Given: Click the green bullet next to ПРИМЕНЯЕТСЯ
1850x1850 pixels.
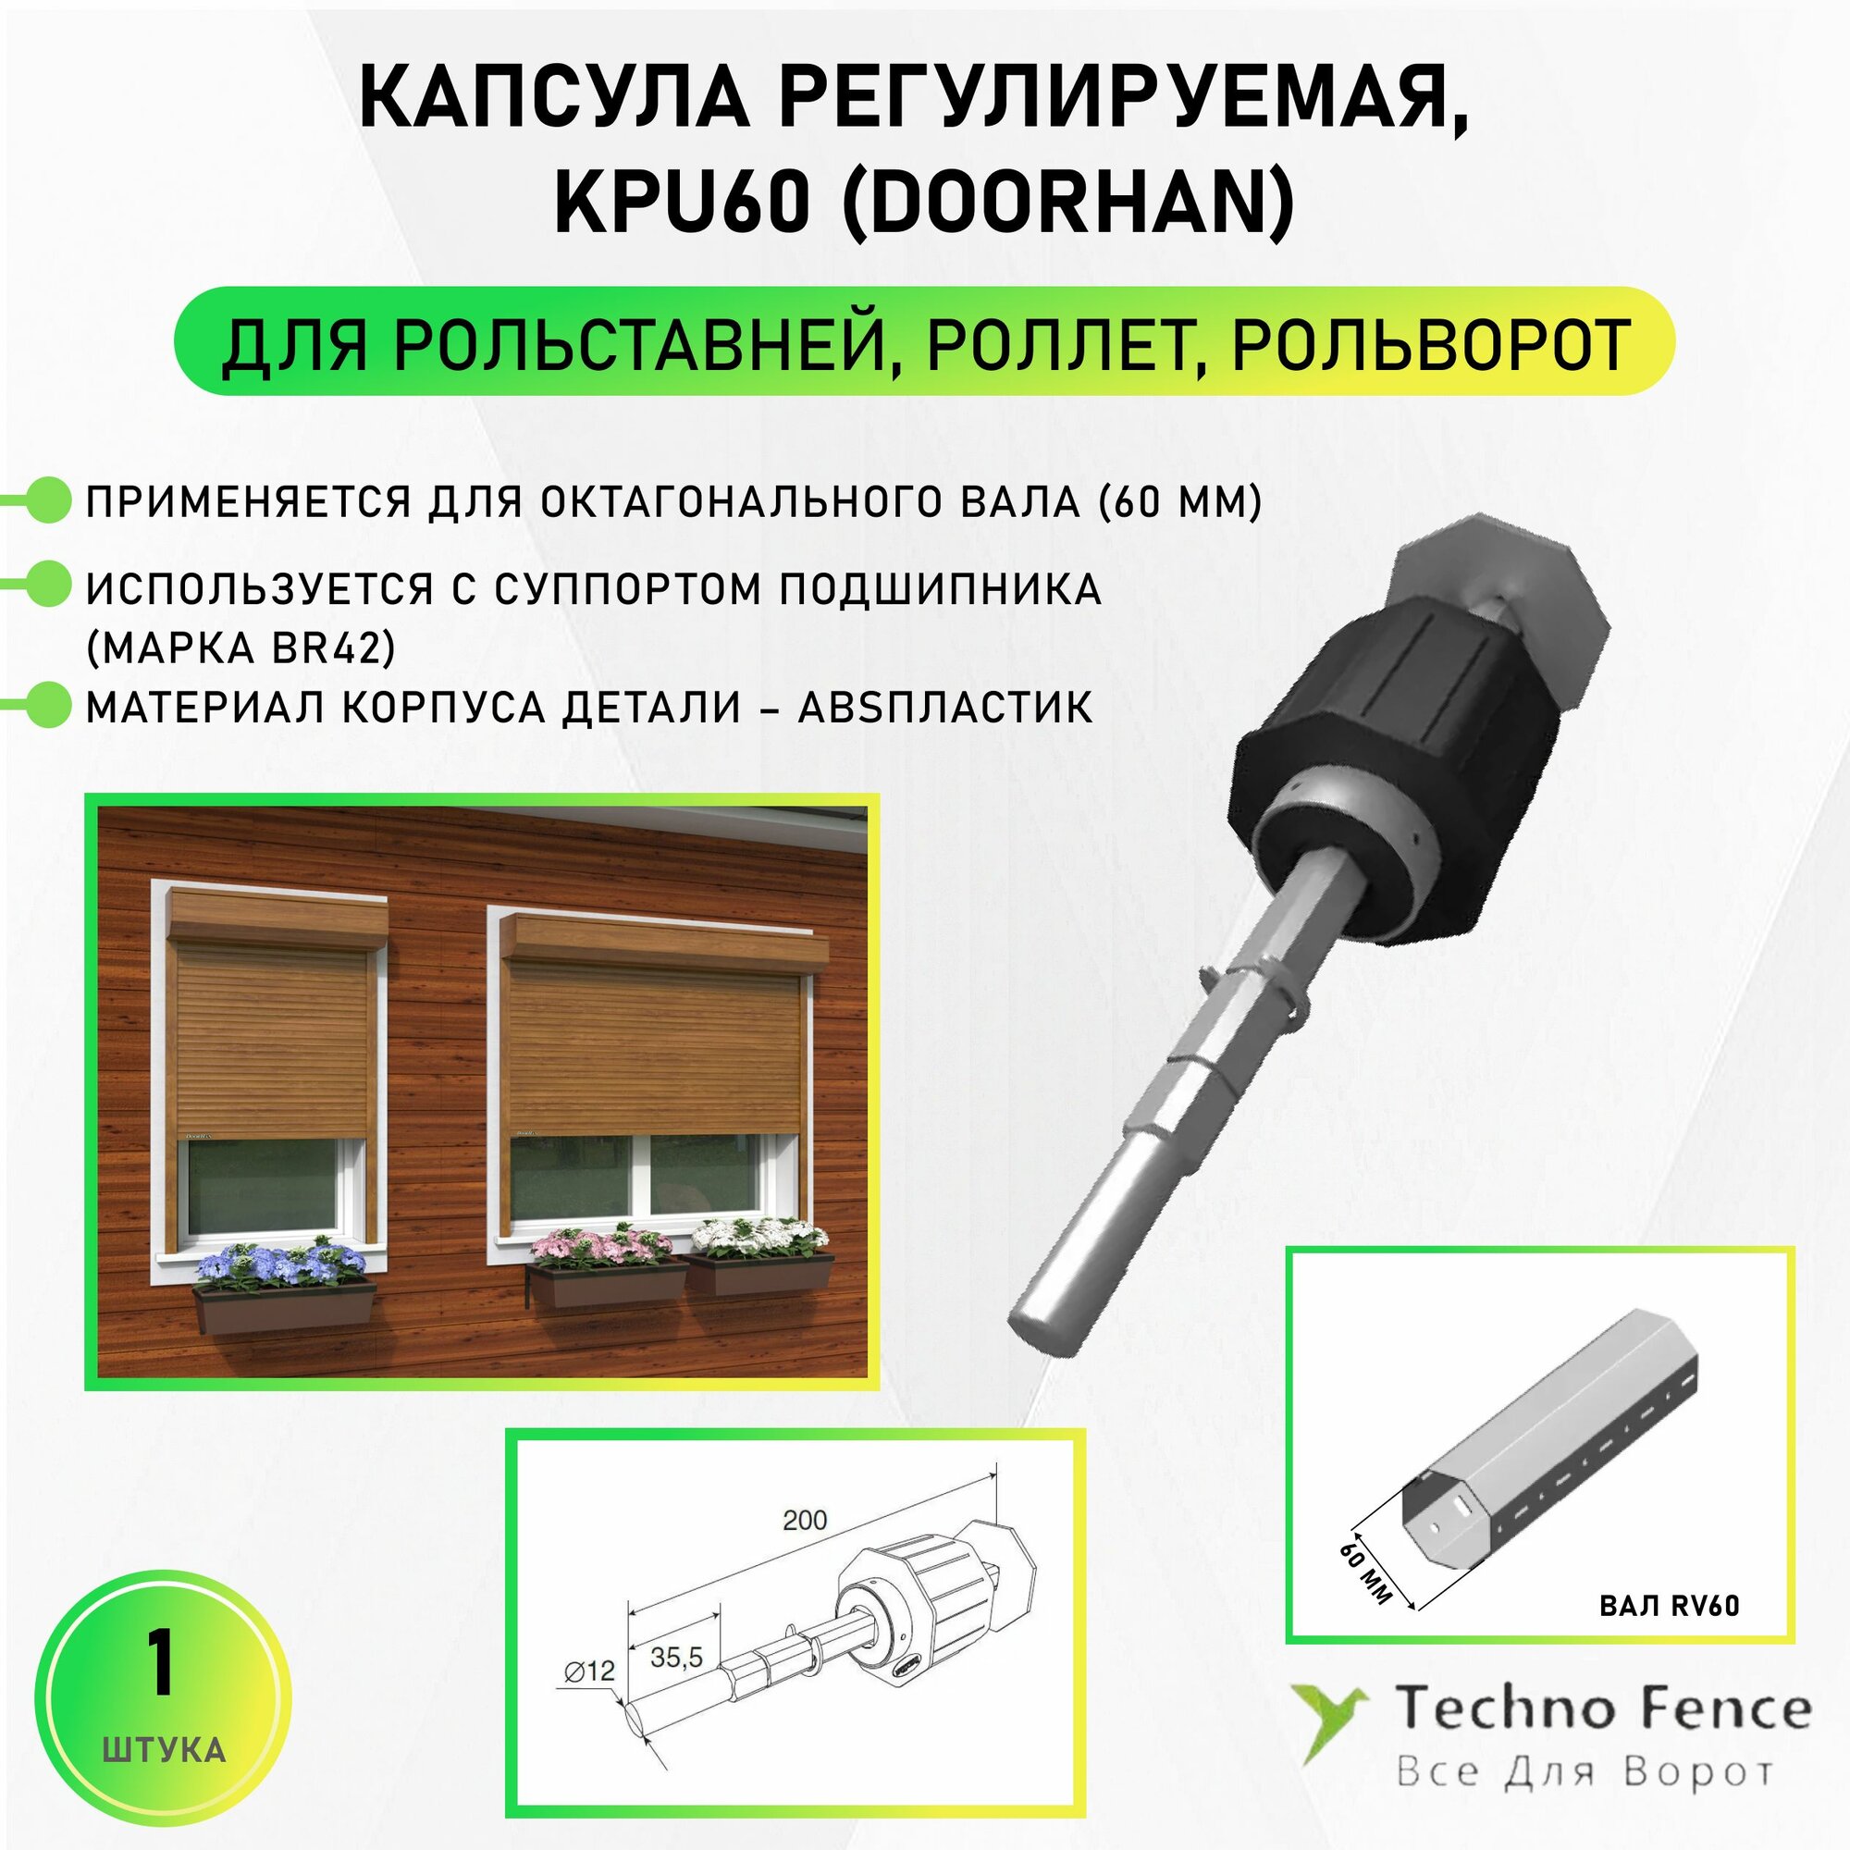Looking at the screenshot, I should [47, 500].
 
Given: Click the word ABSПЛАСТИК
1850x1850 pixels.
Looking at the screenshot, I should [945, 708].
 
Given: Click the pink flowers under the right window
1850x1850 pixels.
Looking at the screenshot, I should [600, 1246].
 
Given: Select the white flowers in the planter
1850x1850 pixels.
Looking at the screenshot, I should [758, 1236].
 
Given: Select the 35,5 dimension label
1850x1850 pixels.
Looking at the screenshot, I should [676, 1657].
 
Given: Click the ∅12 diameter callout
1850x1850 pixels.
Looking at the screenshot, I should [589, 1671].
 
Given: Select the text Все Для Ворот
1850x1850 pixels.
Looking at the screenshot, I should [1584, 1772].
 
